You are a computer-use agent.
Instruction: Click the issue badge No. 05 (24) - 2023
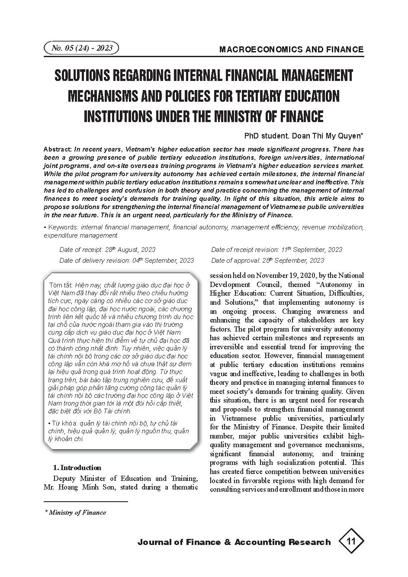81,48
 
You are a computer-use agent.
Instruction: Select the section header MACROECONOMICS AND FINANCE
291,49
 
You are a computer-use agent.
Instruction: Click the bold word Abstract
57,149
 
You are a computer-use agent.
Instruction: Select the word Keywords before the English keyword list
63,227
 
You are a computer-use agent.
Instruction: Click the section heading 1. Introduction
77,467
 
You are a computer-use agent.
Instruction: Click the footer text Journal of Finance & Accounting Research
234,542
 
